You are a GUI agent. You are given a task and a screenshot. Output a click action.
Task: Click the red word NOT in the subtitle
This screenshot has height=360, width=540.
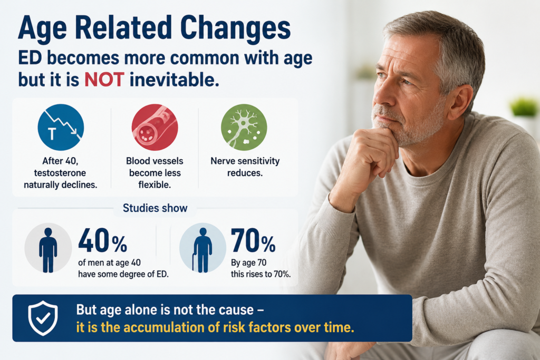[104, 80]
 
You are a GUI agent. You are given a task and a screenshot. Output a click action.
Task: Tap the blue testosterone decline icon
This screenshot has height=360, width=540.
[61, 128]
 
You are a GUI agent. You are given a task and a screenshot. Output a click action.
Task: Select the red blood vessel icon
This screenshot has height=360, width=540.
[155, 128]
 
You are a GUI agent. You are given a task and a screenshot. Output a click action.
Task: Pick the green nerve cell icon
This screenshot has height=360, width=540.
[244, 128]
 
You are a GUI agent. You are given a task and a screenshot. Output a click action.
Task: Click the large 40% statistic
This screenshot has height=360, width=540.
[103, 240]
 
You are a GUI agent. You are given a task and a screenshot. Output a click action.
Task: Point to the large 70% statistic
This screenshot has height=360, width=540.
[253, 240]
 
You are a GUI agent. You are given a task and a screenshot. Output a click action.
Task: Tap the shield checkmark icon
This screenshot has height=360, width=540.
[43, 318]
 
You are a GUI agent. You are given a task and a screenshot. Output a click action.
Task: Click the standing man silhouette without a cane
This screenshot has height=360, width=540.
[48, 250]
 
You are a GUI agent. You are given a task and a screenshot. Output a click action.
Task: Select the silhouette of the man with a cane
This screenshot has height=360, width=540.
[202, 250]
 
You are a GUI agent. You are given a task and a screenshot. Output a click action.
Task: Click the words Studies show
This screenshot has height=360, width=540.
[155, 208]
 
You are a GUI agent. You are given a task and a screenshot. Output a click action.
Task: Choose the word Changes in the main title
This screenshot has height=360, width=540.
[235, 28]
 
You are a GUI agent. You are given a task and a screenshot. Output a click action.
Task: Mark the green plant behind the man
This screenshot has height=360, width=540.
[524, 106]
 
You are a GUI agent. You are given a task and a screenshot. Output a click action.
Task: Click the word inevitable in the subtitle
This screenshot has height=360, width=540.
[174, 80]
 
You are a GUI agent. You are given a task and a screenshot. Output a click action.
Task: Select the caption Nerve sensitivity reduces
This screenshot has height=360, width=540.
[245, 167]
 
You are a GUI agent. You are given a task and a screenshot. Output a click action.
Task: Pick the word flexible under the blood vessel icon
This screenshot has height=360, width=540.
[155, 185]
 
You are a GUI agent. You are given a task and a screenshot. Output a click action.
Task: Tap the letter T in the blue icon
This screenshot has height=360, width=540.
[52, 134]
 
